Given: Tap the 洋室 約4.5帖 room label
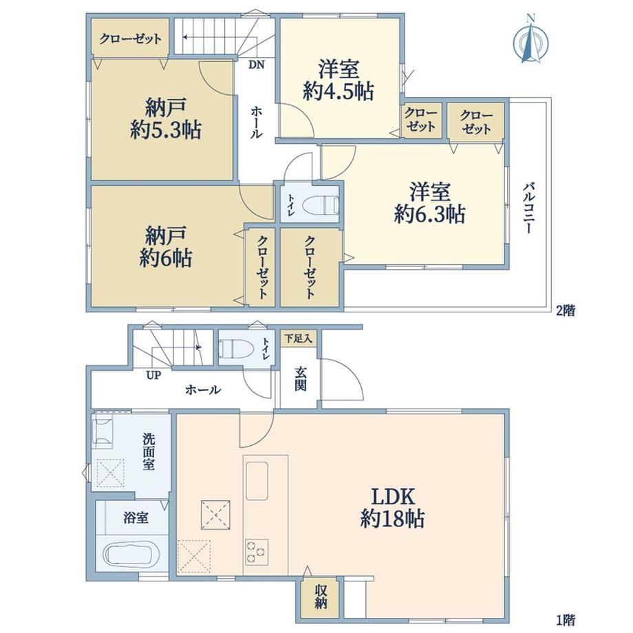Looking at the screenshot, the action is pos(339,81).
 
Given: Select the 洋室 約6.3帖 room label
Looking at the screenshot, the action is pos(429,203).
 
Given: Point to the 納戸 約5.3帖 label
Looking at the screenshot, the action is pos(166,119).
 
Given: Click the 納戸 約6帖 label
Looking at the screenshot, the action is pos(166,246).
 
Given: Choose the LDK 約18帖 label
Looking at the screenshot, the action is pos(392,508).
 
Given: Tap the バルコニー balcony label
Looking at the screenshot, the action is pos(529,208).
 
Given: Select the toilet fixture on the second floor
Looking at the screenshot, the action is pos(320,204).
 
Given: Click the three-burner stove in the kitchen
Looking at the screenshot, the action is pos(257,551).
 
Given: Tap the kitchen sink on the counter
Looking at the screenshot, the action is pos(257,481).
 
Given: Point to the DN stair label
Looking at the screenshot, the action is pos(256,65).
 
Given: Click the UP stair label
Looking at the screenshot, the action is pos(153,376).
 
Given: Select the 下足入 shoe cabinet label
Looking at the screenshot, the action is pos(299,339).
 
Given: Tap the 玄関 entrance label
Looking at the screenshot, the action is pos(300,378).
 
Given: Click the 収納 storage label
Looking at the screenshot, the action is pos(321,597).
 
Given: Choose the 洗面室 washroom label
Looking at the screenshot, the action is pos(148,452).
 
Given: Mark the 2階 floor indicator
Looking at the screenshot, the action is pos(565,311).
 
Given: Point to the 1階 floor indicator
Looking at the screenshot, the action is pos(565,619).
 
